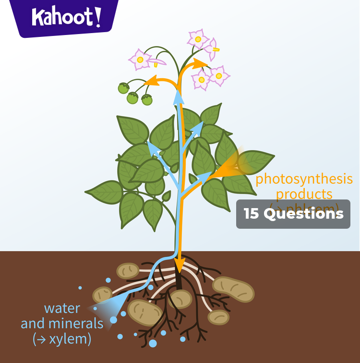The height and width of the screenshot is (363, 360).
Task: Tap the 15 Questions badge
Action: coord(293,214)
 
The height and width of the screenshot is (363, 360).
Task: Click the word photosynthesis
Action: coord(304,179)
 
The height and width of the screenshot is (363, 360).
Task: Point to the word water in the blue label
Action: coord(62,308)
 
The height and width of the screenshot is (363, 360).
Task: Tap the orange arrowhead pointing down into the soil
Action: coord(180,265)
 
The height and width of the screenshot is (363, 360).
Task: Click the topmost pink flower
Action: coord(197,38)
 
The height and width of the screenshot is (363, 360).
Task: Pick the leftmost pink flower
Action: coord(140,59)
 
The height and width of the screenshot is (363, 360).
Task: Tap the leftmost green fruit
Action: coord(124,88)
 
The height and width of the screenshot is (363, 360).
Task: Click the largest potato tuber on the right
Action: coord(234,289)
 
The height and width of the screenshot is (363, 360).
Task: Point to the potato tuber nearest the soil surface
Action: coord(128,270)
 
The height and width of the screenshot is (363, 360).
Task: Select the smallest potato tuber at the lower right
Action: coord(219,317)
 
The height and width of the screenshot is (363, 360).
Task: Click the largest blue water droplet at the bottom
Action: coord(153,343)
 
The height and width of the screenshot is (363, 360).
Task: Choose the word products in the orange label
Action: coord(304,194)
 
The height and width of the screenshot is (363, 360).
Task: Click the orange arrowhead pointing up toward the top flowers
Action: coord(201,63)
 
